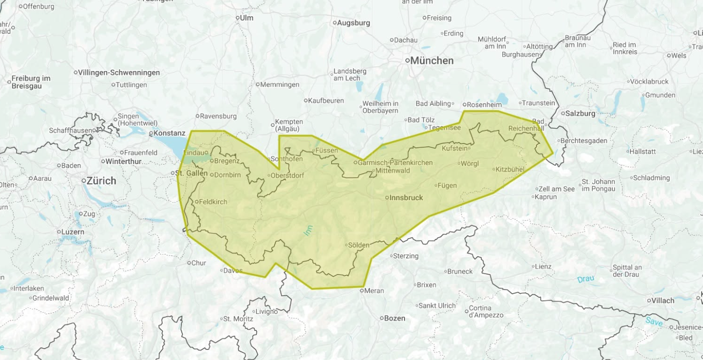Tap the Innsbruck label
[406, 197]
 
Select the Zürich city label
[101, 181]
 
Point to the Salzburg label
[581, 114]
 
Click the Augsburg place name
[353, 23]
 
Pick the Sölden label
[358, 245]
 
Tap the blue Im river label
[308, 230]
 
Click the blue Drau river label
[585, 279]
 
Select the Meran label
[374, 290]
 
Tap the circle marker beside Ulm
[238, 18]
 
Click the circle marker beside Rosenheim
[465, 104]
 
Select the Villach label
[663, 301]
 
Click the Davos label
[233, 270]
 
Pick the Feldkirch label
[213, 202]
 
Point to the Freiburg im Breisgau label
[31, 82]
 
